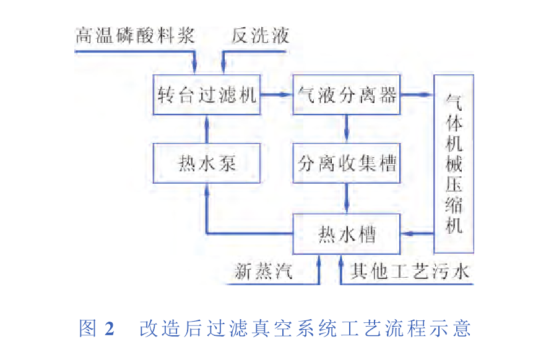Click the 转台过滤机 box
[x=207, y=95]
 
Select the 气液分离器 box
[x=347, y=95]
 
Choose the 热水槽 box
[x=347, y=234]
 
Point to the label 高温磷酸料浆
[x=135, y=35]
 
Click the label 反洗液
[x=261, y=35]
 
